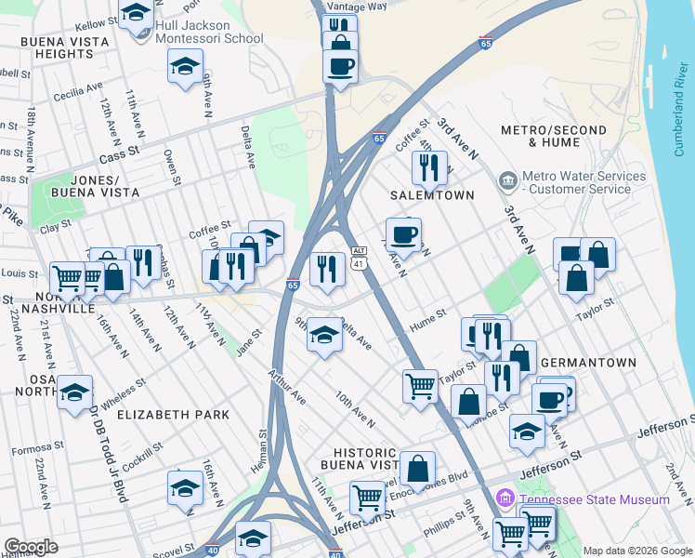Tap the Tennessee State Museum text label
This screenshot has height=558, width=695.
[x=595, y=499]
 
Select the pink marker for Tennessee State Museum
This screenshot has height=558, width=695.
[x=506, y=498]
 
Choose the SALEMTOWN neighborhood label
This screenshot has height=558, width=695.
[x=431, y=195]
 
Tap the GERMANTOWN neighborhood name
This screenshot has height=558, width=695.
[x=588, y=363]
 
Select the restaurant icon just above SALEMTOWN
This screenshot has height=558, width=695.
[x=428, y=168]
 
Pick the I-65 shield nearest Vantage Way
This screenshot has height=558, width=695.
[x=485, y=43]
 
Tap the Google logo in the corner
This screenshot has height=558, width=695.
[x=31, y=547]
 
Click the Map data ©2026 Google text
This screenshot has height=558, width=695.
[x=636, y=551]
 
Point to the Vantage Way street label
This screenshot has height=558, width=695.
[x=364, y=6]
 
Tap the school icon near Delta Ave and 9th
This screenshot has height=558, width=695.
[x=324, y=336]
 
